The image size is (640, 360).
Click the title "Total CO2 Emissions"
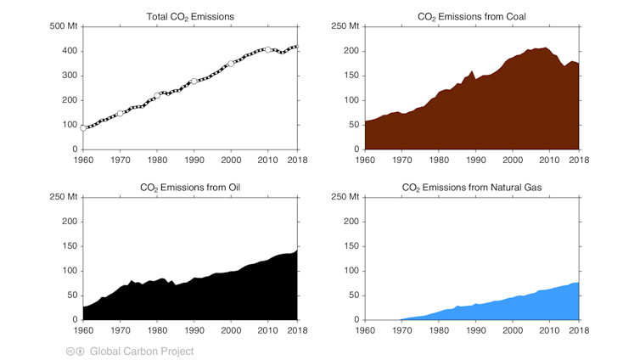(190, 16)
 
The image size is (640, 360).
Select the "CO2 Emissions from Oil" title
(190, 187)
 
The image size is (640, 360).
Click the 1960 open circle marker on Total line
(83, 128)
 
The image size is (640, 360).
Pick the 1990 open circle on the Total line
(194, 82)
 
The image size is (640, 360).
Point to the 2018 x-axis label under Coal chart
(579, 159)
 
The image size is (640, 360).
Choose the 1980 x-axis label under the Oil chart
(157, 329)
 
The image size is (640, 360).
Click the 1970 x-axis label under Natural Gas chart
(401, 329)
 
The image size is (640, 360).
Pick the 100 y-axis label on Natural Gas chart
(349, 271)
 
